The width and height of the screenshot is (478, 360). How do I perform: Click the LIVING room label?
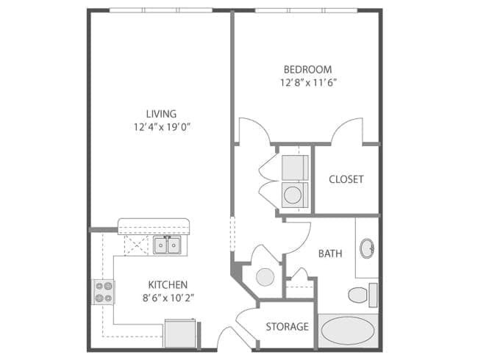point(161,114)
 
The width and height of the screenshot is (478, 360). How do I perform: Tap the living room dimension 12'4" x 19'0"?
point(162,126)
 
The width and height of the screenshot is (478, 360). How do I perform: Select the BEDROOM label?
point(307,70)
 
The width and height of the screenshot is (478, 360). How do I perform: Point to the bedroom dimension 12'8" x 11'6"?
point(308,82)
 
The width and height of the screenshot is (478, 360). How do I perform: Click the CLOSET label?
point(346,179)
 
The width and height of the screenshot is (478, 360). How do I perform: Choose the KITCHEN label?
point(168,285)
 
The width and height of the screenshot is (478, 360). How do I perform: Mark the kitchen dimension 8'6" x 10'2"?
point(168,298)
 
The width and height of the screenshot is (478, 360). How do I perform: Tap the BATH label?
point(330,253)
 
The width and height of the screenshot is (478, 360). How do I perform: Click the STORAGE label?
point(287,326)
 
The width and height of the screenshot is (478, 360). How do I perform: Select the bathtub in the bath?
point(348,331)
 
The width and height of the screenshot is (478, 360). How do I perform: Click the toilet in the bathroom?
point(363,295)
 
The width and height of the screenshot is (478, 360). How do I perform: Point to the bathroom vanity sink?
point(367,248)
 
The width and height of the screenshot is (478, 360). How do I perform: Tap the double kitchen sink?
point(167,245)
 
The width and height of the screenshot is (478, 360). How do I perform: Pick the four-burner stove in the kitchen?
point(104,292)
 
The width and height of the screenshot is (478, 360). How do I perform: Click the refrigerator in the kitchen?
point(180,333)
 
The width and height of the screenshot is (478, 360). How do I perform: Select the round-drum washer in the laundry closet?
point(295,195)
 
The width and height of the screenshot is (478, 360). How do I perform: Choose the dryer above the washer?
point(295,168)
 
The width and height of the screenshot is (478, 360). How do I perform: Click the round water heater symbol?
point(265,277)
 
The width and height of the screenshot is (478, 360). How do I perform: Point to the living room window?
point(161,10)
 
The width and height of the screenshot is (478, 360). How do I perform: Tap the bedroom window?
point(306,10)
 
